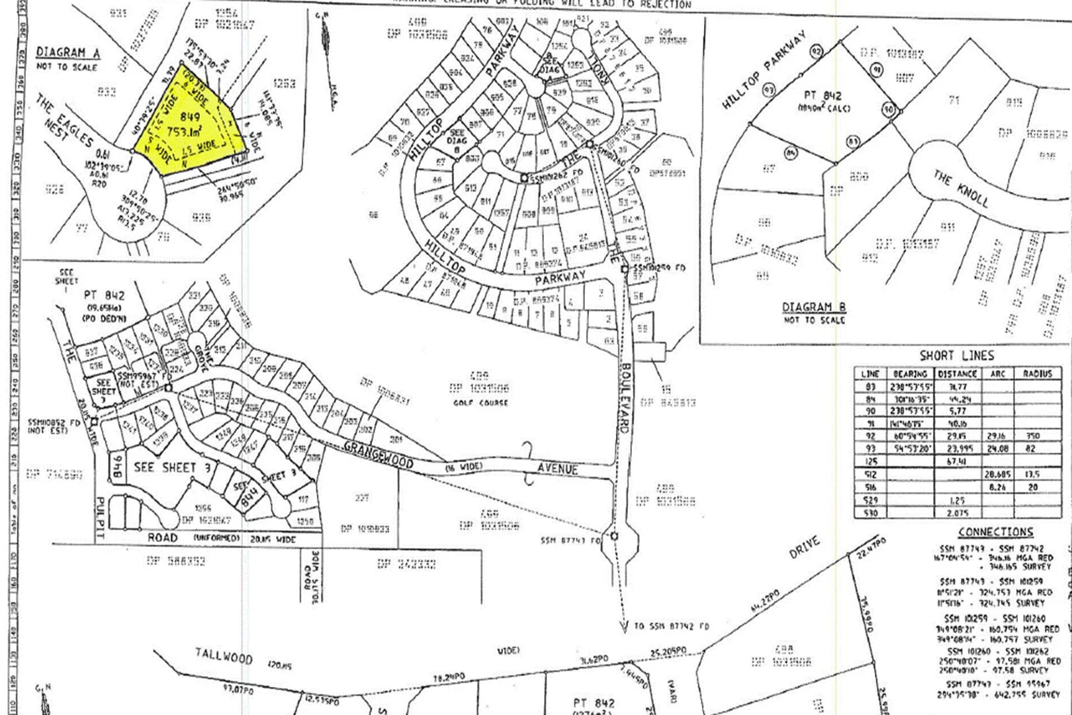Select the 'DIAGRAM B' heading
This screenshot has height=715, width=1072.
[814, 307]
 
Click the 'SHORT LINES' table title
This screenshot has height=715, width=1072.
[957, 356]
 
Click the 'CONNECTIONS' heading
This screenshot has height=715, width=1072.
[995, 532]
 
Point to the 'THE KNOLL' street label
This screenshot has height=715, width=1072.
[961, 189]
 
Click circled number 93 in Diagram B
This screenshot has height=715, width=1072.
[768, 89]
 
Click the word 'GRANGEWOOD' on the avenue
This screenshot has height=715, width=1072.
[379, 455]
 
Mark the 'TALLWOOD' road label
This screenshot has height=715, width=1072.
[224, 656]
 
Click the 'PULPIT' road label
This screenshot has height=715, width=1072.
[101, 510]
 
